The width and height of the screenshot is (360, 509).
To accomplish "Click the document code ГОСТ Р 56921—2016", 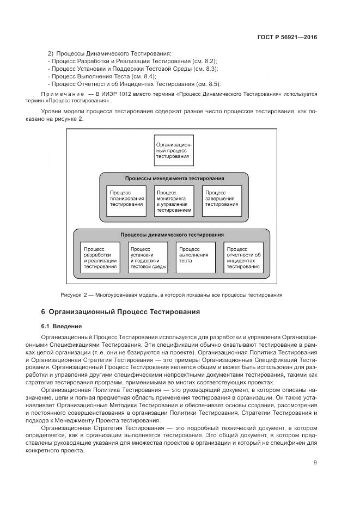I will click(x=286, y=38).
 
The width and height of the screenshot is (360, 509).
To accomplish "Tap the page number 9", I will click(x=315, y=463).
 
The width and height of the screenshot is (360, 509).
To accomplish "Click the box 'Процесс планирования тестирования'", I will click(x=126, y=201).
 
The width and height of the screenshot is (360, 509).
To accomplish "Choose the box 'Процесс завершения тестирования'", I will click(x=221, y=201).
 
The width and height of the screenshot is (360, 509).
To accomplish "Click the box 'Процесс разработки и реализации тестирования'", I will click(x=101, y=257).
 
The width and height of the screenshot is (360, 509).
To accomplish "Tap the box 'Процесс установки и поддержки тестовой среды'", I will click(x=148, y=257).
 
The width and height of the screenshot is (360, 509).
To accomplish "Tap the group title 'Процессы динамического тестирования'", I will click(x=172, y=235).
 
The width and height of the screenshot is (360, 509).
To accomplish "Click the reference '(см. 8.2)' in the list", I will click(x=205, y=62).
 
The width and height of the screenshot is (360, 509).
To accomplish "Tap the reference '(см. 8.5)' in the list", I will click(x=209, y=84).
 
